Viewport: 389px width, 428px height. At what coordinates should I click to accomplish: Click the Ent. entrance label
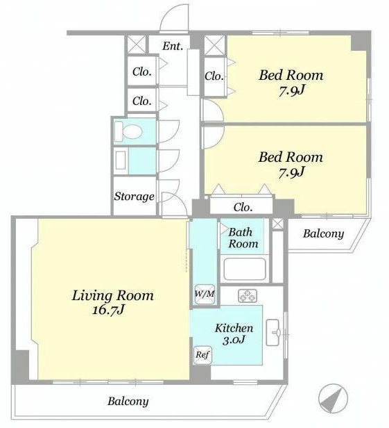[173, 46]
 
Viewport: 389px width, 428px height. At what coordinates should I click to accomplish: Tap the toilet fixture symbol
[129, 131]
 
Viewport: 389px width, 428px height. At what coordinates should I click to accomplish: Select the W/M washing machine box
[205, 294]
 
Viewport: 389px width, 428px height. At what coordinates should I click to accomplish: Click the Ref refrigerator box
[202, 355]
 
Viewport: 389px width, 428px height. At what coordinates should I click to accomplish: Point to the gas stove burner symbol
[248, 295]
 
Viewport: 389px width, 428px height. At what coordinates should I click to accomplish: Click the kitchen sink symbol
[273, 332]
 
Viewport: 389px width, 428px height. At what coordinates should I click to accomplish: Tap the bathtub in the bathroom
[245, 269]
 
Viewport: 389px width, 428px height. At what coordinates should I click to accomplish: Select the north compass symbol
[333, 398]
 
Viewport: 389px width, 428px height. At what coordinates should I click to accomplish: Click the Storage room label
[134, 196]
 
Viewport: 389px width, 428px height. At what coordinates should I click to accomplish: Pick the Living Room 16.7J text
[112, 302]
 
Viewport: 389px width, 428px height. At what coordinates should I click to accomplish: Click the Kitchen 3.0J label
[234, 334]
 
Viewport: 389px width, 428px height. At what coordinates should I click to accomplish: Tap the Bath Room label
[243, 238]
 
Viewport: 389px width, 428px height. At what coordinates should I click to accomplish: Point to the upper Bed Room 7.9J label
[291, 83]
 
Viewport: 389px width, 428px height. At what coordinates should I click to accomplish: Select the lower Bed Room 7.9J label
[291, 165]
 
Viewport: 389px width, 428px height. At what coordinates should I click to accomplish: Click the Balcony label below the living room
[128, 402]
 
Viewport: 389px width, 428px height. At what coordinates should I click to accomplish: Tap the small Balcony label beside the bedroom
[323, 233]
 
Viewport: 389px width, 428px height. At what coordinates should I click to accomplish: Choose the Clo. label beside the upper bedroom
[214, 76]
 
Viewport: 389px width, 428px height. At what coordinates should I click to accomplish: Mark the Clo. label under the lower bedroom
[243, 208]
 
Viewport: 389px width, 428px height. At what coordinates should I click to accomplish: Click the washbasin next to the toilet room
[121, 160]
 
